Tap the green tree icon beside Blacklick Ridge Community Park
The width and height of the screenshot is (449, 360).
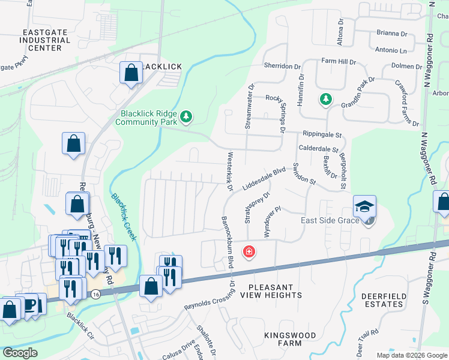point(186,116)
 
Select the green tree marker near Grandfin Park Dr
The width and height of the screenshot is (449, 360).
point(325,99)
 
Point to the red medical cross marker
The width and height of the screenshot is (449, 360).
point(248,251)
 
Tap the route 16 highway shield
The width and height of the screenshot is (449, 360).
point(95,294)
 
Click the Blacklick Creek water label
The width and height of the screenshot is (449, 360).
point(124,217)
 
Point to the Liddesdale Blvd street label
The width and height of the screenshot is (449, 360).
point(262,179)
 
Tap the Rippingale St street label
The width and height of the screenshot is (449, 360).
point(321,136)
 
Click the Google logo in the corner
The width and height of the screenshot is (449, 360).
point(20,353)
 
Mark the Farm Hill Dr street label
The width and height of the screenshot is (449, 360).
point(339,61)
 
